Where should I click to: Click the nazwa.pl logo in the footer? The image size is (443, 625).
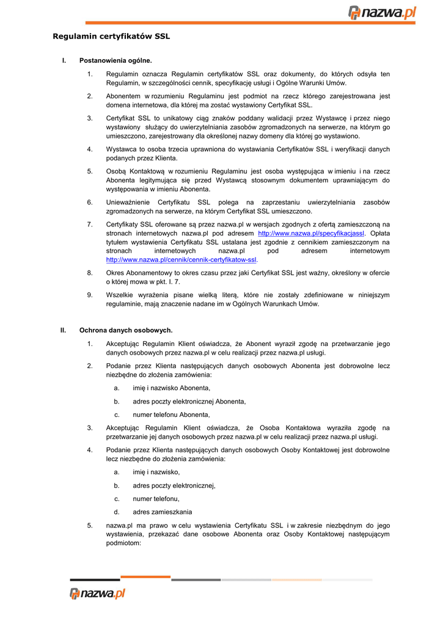click(98, 593)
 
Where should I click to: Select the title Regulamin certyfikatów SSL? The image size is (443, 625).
click(111, 37)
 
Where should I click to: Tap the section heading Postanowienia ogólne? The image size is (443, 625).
click(115, 60)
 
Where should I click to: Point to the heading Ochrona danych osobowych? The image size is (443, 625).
click(126, 330)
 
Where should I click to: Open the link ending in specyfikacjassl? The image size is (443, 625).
click(311, 233)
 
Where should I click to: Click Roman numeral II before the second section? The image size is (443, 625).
click(63, 330)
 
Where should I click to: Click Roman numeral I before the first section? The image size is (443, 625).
click(64, 60)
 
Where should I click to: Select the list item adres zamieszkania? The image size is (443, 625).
click(162, 512)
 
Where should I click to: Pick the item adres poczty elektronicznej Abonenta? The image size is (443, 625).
click(189, 401)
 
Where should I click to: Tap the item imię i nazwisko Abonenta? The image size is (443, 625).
click(171, 388)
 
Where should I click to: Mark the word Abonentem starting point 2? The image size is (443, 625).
click(123, 96)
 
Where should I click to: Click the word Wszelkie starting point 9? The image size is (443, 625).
click(120, 295)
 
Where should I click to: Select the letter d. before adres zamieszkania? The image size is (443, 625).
click(116, 512)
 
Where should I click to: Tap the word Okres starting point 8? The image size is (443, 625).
click(115, 273)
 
